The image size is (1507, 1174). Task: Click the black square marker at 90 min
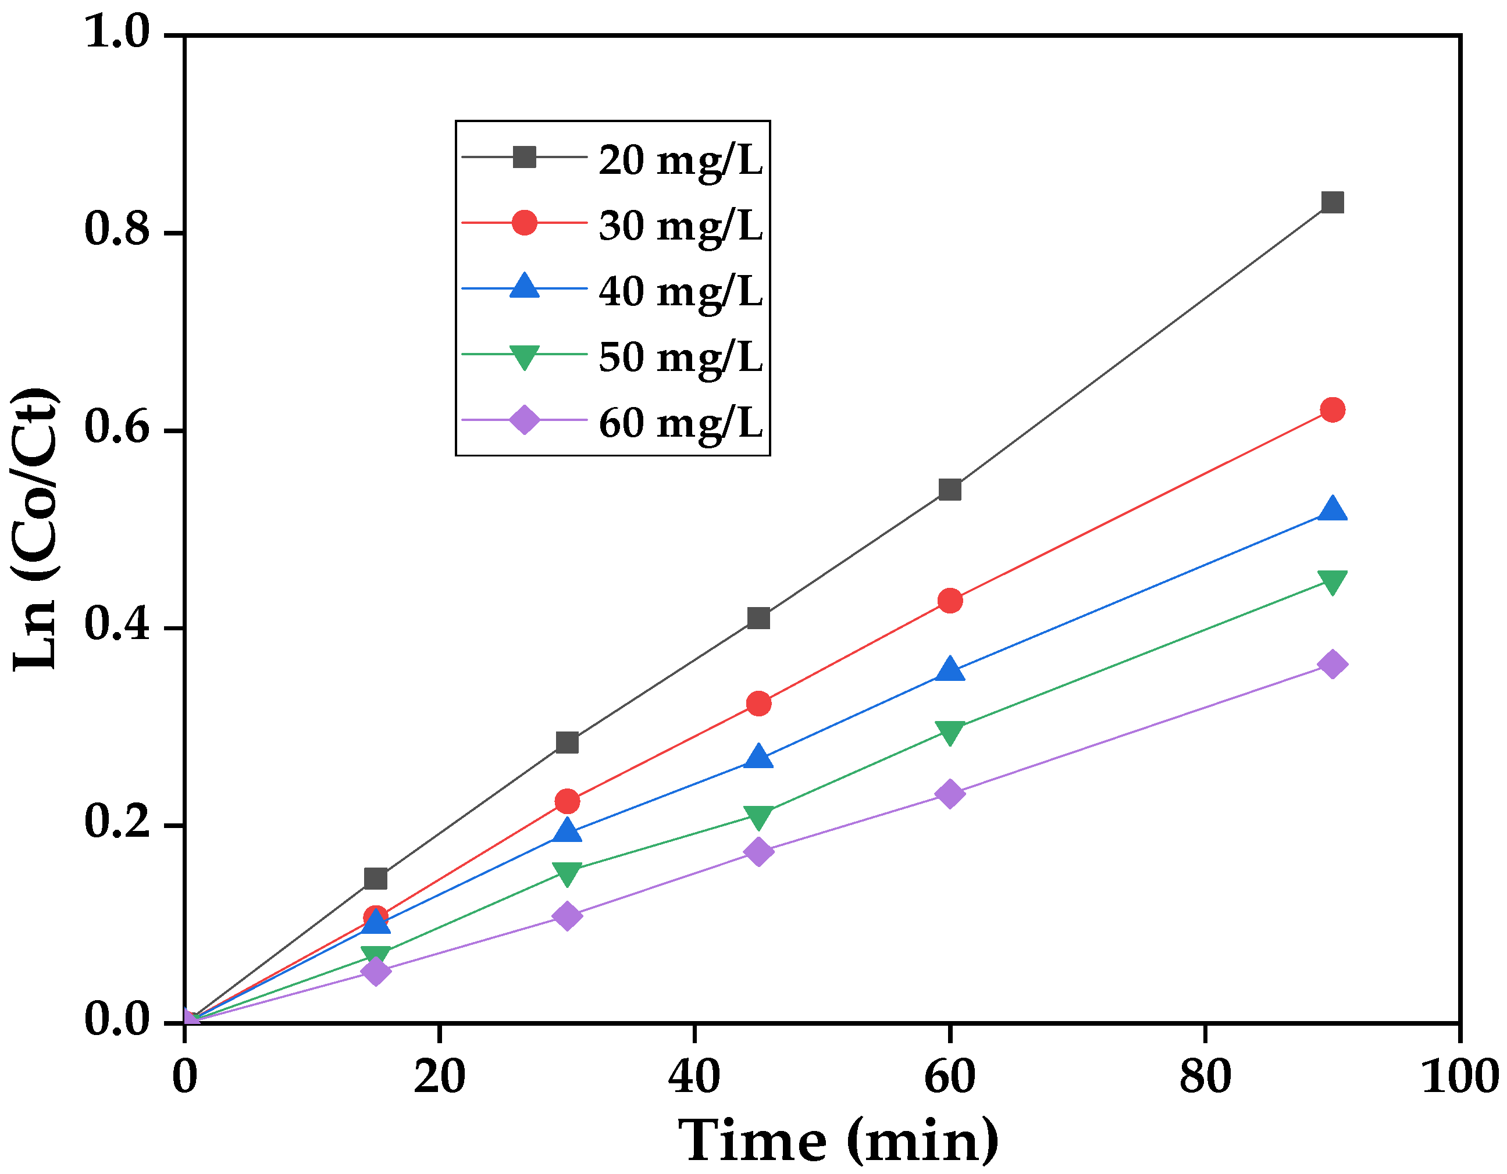pyautogui.click(x=1332, y=203)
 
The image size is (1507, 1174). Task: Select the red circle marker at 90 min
pyautogui.click(x=1332, y=410)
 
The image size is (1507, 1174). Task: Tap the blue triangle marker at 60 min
pyautogui.click(x=949, y=670)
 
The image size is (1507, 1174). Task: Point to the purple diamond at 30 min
pyautogui.click(x=567, y=916)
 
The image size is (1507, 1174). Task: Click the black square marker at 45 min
pyautogui.click(x=758, y=618)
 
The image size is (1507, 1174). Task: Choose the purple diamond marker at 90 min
pyautogui.click(x=1332, y=664)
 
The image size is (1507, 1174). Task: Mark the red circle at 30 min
pyautogui.click(x=567, y=801)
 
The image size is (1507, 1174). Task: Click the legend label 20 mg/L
pyautogui.click(x=680, y=160)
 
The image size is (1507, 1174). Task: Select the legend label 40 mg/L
pyautogui.click(x=680, y=291)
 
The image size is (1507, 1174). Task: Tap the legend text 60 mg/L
pyautogui.click(x=680, y=423)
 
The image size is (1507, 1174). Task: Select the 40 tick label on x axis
pyautogui.click(x=694, y=1077)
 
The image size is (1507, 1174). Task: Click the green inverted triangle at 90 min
pyautogui.click(x=1332, y=581)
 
